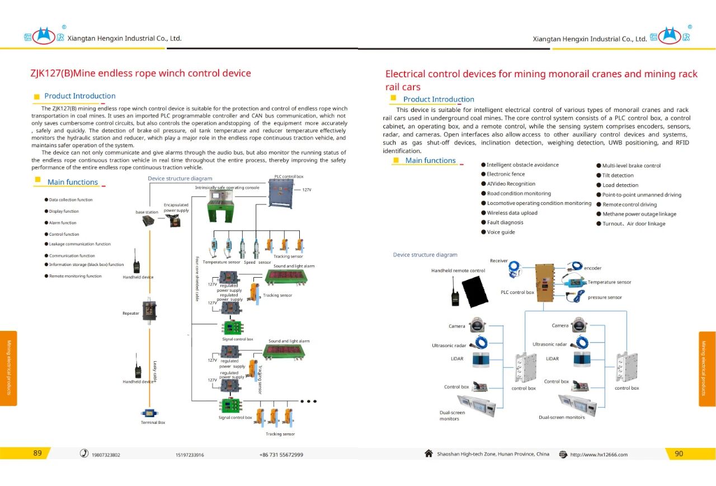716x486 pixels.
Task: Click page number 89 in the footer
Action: click(x=37, y=454)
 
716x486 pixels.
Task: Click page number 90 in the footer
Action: click(x=679, y=454)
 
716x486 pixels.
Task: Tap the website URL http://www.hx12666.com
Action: click(x=599, y=455)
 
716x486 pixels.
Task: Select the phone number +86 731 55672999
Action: click(x=281, y=455)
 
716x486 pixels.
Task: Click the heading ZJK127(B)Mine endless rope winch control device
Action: click(x=140, y=73)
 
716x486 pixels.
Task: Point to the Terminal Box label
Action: click(x=153, y=423)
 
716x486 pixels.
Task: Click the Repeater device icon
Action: click(x=149, y=310)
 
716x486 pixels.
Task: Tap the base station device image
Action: click(x=148, y=221)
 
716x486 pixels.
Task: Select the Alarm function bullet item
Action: click(x=63, y=223)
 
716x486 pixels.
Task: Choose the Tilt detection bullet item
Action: click(x=618, y=175)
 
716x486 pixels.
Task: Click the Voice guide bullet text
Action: click(x=501, y=232)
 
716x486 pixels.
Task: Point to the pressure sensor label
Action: click(x=605, y=297)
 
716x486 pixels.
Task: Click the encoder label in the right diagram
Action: click(x=592, y=268)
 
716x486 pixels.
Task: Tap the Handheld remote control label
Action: click(x=458, y=271)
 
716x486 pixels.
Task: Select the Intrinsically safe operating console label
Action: click(x=227, y=188)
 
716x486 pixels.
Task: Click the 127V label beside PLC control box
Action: click(x=307, y=190)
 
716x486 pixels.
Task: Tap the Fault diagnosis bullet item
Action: click(x=505, y=223)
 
